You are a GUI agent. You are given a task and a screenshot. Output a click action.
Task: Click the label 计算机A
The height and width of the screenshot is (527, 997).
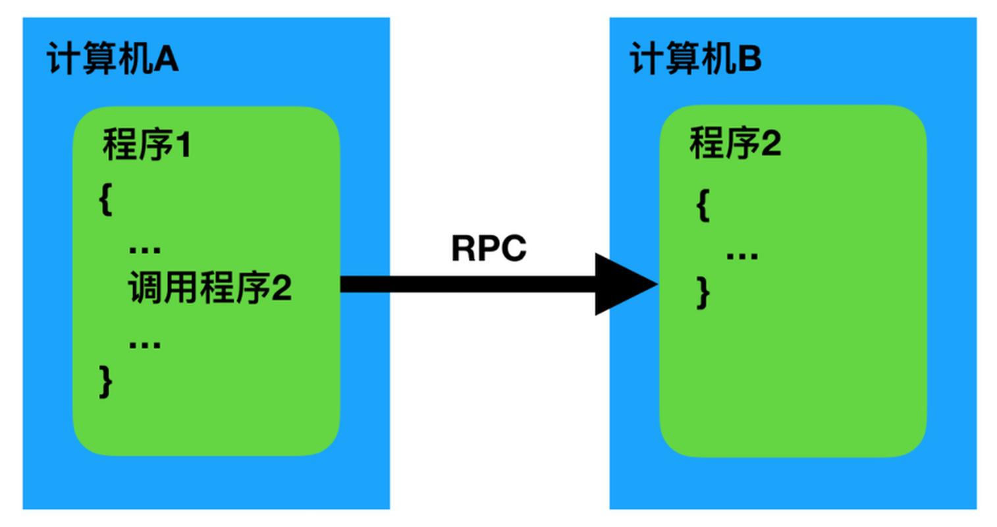112,60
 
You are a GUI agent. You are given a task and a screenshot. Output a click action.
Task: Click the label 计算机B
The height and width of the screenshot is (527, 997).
695,59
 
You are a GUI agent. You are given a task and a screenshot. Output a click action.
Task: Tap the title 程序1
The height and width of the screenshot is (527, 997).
146,144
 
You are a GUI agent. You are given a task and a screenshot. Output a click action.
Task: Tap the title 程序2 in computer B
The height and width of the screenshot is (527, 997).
735,143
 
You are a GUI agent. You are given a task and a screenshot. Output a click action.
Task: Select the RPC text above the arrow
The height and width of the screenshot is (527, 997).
489,249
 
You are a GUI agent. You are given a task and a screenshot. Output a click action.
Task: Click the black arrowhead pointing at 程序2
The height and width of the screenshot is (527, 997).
622,284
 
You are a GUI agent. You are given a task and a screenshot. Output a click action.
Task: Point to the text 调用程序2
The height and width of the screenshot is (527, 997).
209,288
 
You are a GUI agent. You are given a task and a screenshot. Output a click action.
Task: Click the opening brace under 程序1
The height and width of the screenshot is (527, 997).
106,199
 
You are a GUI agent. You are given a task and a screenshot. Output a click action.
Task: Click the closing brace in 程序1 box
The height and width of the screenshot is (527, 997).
106,381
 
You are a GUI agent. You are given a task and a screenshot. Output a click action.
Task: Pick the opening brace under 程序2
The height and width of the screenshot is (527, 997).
703,206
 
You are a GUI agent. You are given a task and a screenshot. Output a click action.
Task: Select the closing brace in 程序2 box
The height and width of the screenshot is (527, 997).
703,292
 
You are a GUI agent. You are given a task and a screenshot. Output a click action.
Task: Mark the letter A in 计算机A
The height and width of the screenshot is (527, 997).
167,60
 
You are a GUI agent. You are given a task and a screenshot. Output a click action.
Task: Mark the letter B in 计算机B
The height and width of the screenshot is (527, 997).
749,59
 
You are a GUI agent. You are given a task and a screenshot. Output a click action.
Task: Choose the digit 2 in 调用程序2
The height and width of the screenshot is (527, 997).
281,289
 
